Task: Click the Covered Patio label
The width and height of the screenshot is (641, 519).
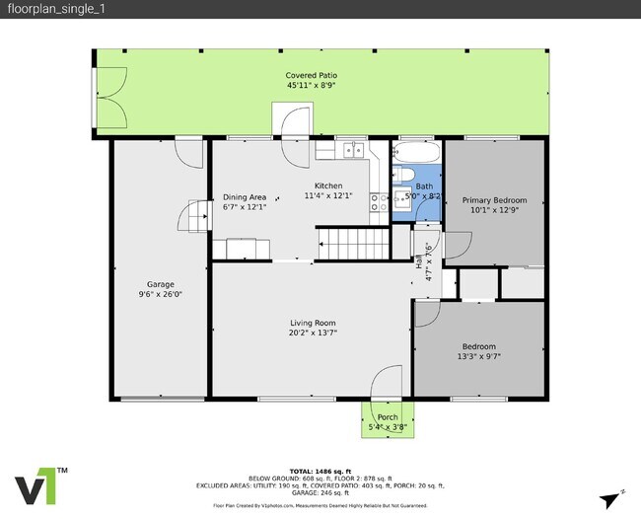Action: click(310, 75)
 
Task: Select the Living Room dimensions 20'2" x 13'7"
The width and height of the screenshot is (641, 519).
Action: click(313, 333)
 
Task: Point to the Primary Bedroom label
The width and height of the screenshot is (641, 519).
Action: click(494, 199)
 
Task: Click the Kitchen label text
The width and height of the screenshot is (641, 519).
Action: click(328, 185)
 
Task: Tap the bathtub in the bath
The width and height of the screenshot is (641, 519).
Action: click(416, 154)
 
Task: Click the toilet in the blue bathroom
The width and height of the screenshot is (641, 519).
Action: click(404, 176)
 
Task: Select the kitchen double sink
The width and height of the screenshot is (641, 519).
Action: click(352, 150)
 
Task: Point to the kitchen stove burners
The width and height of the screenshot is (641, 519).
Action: click(380, 201)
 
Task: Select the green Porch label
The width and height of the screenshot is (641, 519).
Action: click(388, 417)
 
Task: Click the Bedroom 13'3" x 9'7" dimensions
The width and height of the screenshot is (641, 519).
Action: click(478, 357)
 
